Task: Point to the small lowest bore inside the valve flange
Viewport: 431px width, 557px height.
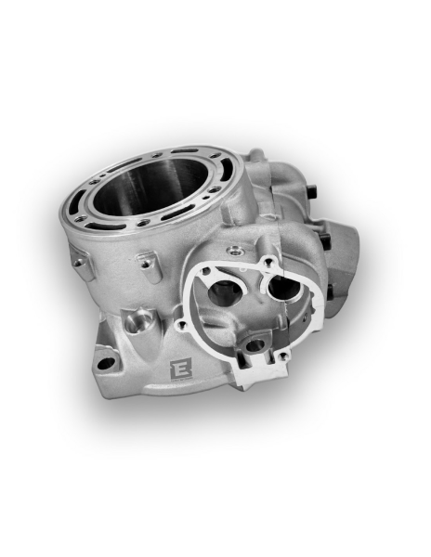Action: [x=252, y=350]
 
